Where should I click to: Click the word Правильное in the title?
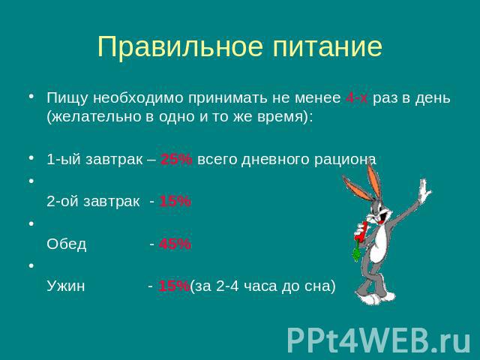pos(180,46)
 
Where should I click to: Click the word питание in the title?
pos(328,46)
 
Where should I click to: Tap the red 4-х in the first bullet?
pos(357,98)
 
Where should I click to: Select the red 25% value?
pos(176,159)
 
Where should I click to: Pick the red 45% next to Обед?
pos(175,244)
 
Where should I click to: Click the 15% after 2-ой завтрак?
pos(175,202)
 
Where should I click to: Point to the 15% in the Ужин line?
pos(174,286)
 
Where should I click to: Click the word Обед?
pos(67,244)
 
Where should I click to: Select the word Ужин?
pos(66,286)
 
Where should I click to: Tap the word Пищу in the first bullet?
pos(67,98)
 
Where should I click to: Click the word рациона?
pos(345,160)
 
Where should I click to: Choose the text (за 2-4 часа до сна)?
pos(263,286)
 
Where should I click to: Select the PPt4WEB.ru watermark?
pos(379,340)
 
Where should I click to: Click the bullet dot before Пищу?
pos(31,96)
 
